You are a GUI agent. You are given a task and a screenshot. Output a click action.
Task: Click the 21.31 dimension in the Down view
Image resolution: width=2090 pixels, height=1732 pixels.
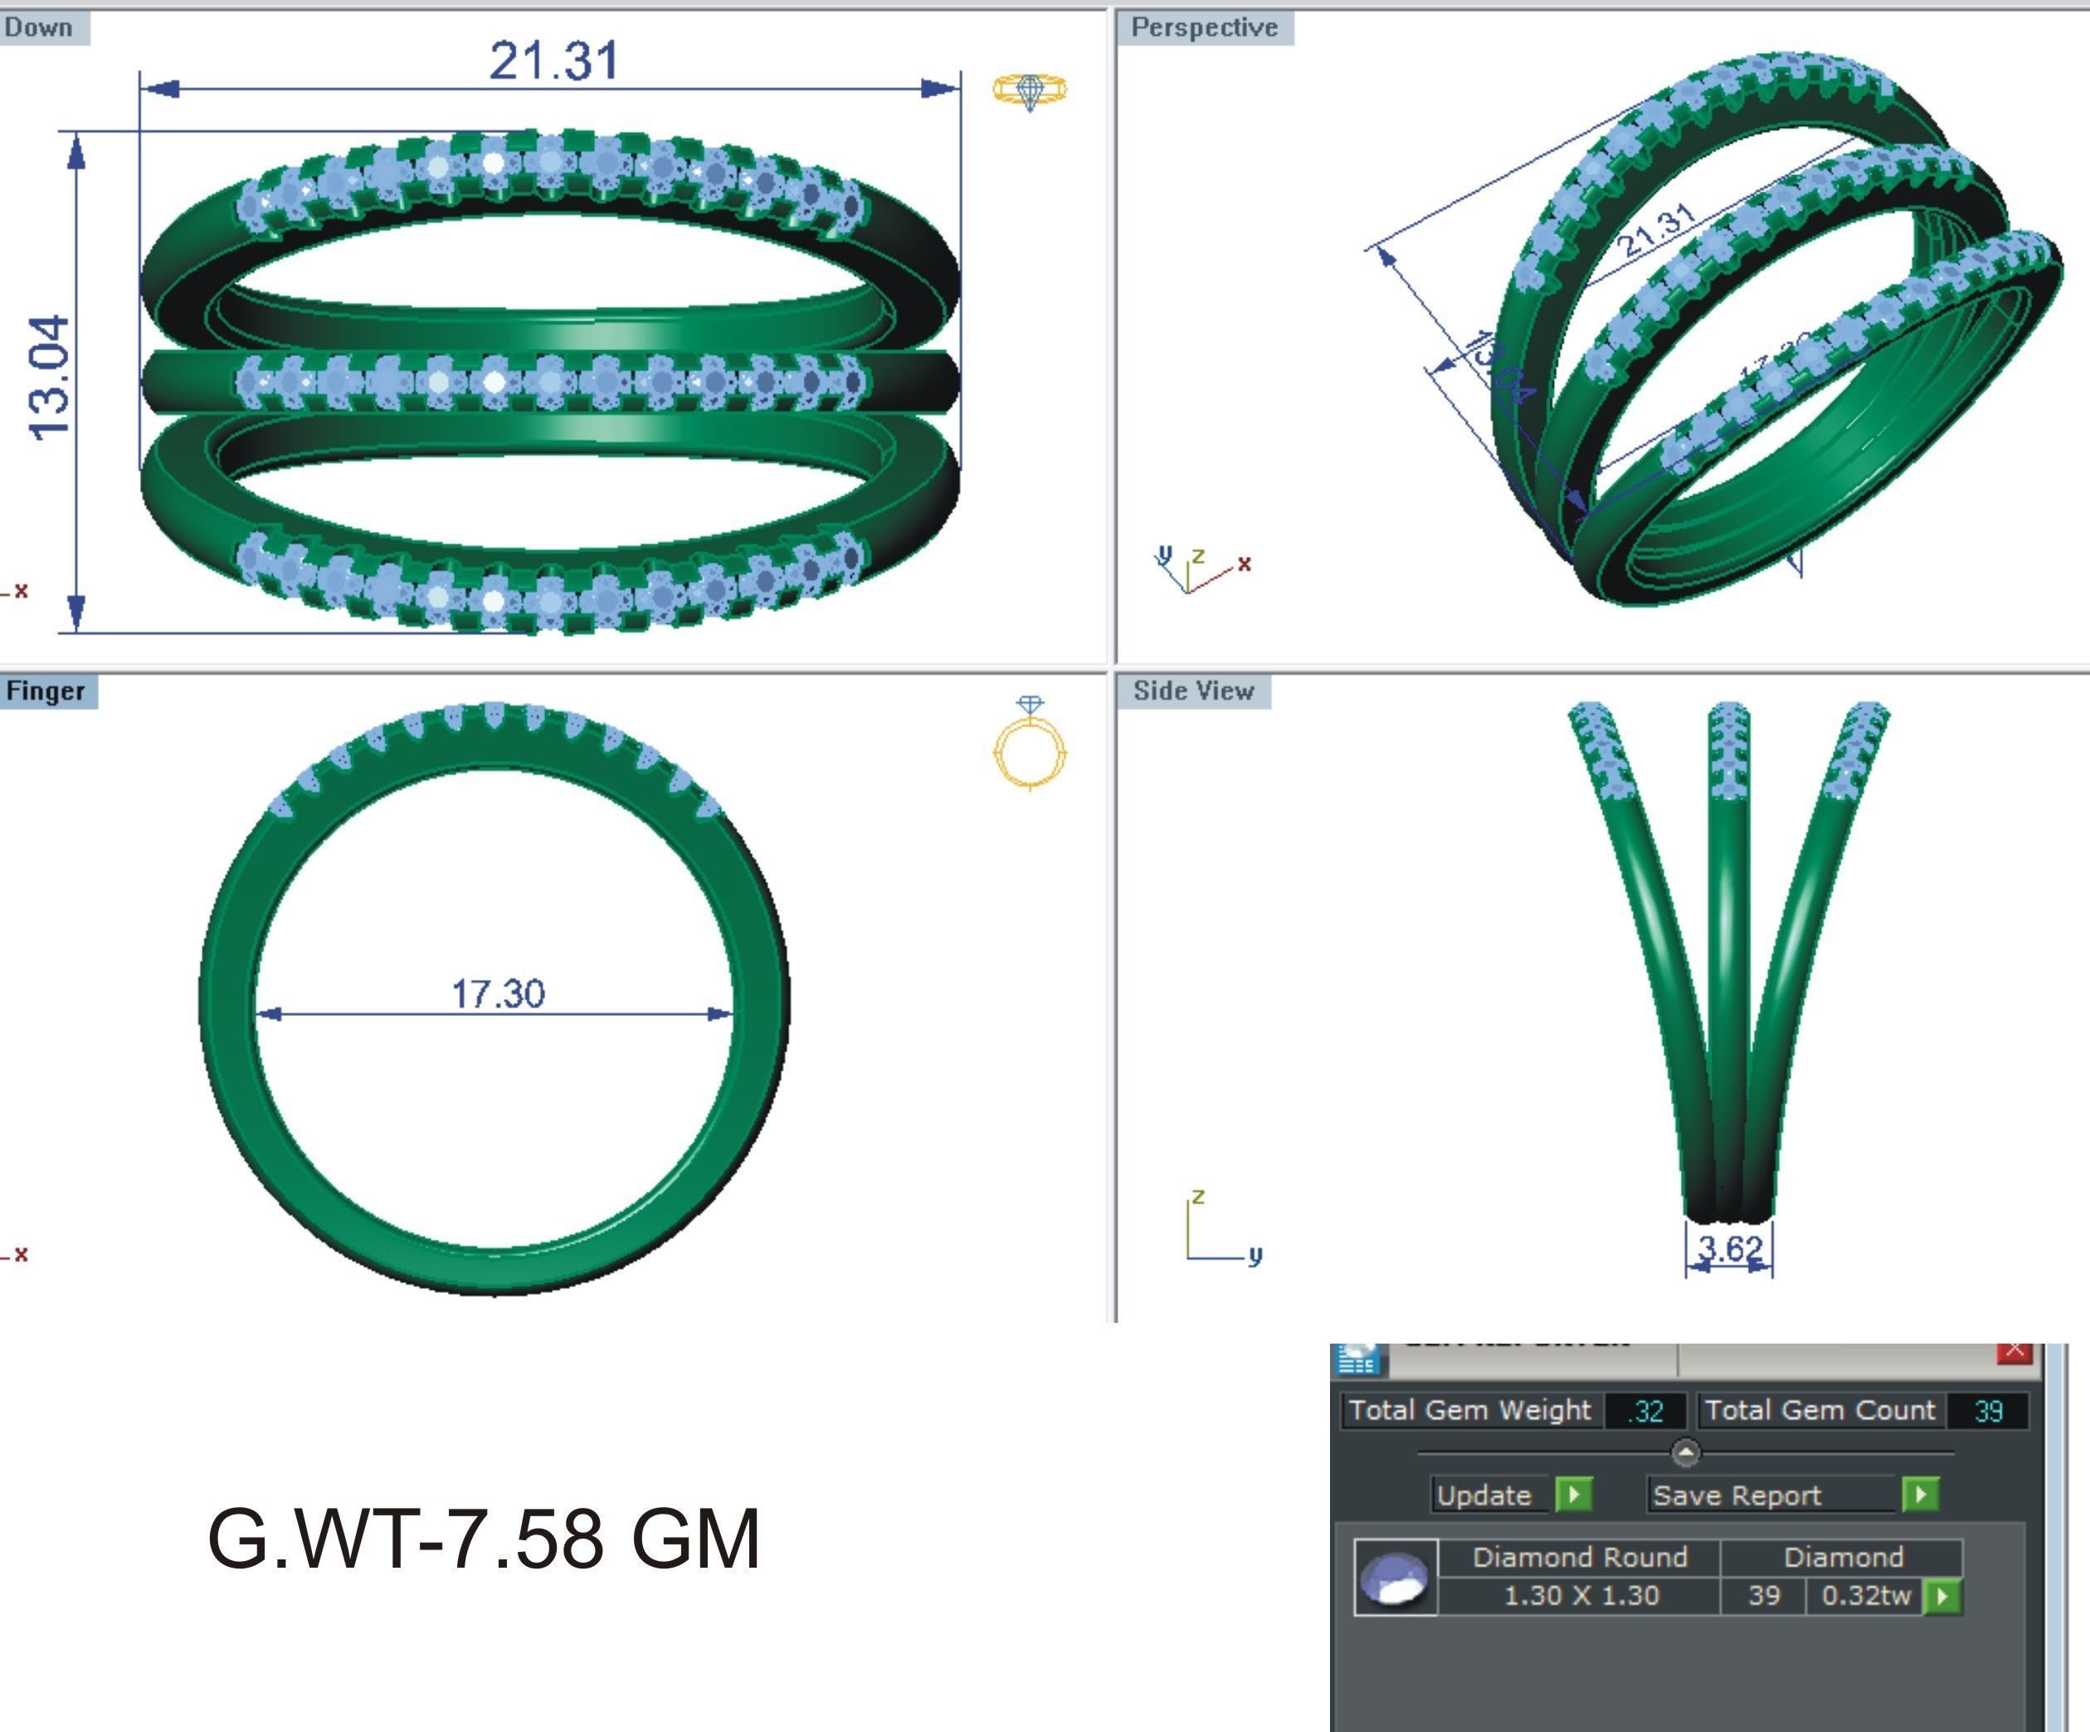(x=553, y=61)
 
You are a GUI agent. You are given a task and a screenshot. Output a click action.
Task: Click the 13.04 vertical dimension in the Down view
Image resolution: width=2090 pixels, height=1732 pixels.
(x=50, y=378)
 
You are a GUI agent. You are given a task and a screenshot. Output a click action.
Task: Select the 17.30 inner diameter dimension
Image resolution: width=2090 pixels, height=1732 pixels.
(x=498, y=993)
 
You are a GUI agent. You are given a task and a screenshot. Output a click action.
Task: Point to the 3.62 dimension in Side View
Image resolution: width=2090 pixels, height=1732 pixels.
(x=1730, y=1248)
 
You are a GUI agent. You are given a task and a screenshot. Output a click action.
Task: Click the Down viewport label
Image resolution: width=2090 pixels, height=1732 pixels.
(x=40, y=27)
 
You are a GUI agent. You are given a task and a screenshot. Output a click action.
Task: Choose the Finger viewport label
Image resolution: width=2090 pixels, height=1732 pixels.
(x=46, y=690)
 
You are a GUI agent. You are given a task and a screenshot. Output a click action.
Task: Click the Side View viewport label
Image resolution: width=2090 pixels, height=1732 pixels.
(x=1193, y=690)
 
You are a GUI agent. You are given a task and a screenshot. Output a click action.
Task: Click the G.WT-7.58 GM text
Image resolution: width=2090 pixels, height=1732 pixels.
(x=484, y=1539)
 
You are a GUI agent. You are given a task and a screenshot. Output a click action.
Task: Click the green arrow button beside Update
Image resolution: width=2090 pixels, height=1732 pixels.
(x=1573, y=1494)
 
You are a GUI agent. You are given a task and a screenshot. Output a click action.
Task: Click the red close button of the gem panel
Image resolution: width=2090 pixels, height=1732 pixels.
(x=2015, y=1351)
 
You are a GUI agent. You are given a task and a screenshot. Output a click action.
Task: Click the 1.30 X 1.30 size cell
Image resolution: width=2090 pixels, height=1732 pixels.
(x=1581, y=1596)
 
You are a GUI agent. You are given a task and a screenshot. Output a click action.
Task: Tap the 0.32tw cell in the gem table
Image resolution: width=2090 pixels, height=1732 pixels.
(x=1865, y=1596)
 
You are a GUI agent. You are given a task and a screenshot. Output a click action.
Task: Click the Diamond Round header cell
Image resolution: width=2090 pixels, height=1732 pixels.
(x=1580, y=1557)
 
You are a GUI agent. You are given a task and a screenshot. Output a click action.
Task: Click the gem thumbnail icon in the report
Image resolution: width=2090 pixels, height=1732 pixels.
(x=1396, y=1578)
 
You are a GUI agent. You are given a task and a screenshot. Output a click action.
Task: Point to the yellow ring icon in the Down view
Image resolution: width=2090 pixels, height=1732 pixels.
(x=1030, y=90)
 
